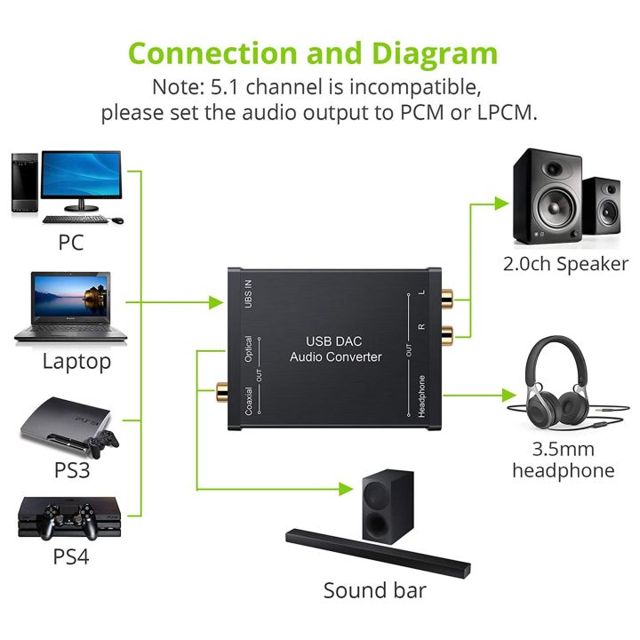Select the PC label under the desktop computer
[x=70, y=242]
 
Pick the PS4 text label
[x=70, y=557]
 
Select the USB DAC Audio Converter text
[x=335, y=348]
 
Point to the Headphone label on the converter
[x=421, y=396]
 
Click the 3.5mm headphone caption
[x=563, y=460]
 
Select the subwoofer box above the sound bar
[x=388, y=504]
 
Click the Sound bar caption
[x=374, y=590]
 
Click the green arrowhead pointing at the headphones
[x=508, y=395]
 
